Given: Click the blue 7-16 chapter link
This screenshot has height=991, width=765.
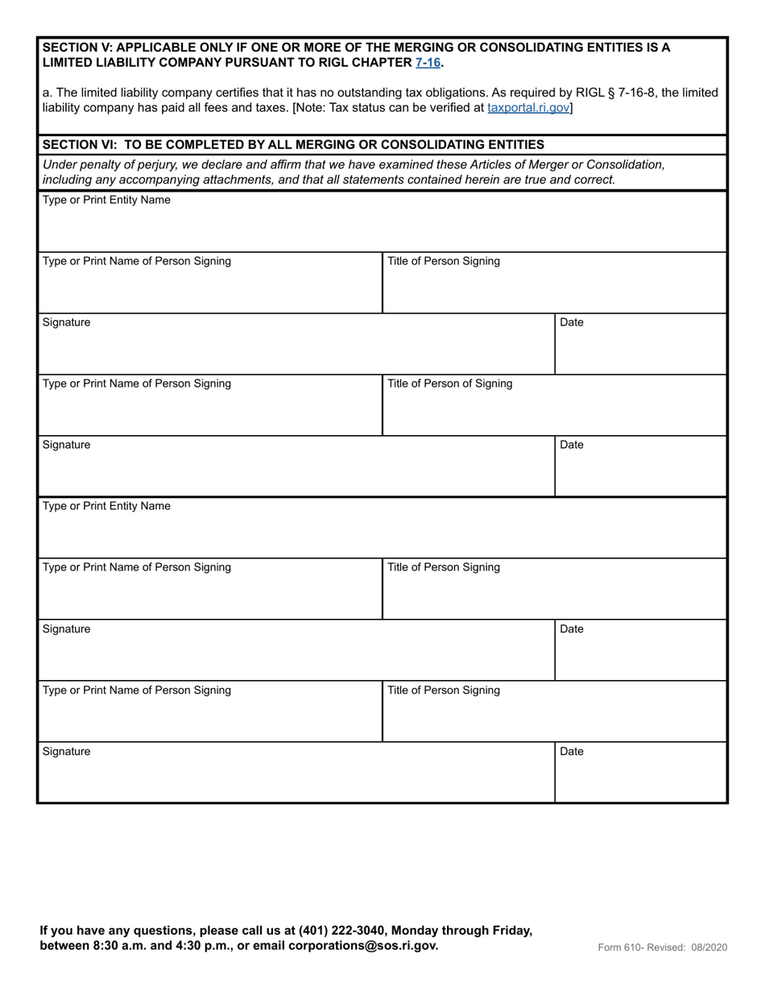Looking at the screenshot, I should pyautogui.click(x=428, y=62).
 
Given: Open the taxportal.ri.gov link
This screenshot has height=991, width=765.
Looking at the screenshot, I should pyautogui.click(x=528, y=106).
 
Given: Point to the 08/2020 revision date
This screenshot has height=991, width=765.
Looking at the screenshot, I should pyautogui.click(x=709, y=947).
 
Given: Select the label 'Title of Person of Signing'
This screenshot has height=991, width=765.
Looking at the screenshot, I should pyautogui.click(x=449, y=384).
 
